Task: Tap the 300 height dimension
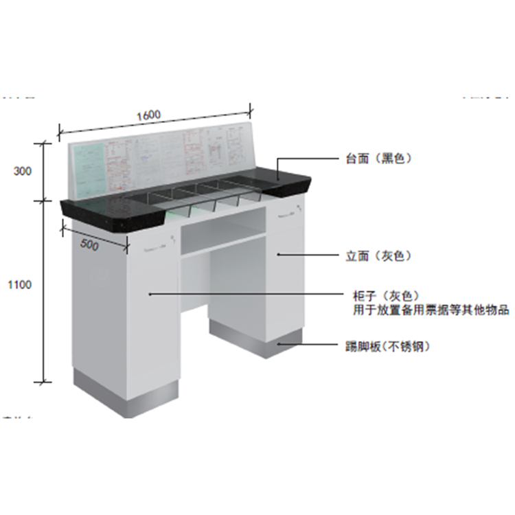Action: tap(23, 172)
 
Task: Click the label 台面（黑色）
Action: tap(378, 159)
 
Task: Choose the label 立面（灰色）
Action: tap(378, 256)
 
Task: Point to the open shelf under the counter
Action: tap(223, 230)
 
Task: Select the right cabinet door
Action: tap(285, 275)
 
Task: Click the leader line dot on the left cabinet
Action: tap(148, 295)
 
